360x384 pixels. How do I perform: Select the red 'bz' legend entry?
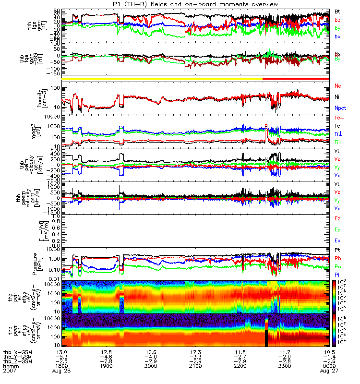click(338, 20)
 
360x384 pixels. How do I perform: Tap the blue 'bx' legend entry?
click(338, 36)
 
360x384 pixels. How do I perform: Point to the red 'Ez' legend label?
click(338, 218)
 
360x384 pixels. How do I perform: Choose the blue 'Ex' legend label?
click(338, 240)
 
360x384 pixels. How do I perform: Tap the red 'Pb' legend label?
click(338, 258)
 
